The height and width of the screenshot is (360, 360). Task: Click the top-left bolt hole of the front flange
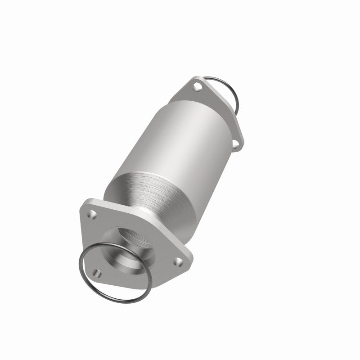click(x=92, y=214)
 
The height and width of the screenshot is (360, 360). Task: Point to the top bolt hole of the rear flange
click(x=196, y=85)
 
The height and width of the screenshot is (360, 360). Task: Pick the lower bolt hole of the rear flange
click(x=235, y=144)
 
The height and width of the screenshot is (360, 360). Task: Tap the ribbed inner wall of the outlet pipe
click(x=135, y=238)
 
